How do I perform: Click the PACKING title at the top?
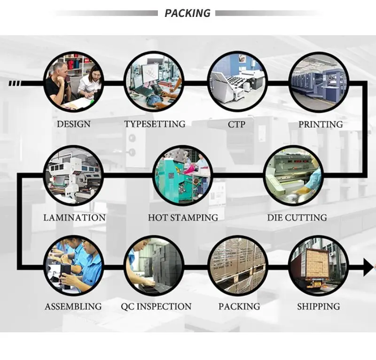pyautogui.click(x=188, y=13)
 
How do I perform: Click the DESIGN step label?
pyautogui.click(x=74, y=125)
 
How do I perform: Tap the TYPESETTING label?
pyautogui.click(x=155, y=125)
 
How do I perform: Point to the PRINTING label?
pyautogui.click(x=321, y=125)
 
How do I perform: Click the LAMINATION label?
pyautogui.click(x=74, y=218)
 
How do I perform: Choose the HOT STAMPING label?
pyautogui.click(x=183, y=218)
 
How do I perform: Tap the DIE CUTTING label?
pyautogui.click(x=297, y=218)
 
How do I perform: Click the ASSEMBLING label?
pyautogui.click(x=73, y=306)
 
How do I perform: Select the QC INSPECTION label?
pyautogui.click(x=156, y=306)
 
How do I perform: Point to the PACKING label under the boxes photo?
pyautogui.click(x=239, y=306)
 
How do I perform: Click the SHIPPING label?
pyautogui.click(x=318, y=306)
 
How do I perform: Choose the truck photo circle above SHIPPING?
pyautogui.click(x=319, y=266)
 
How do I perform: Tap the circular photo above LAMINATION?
pyautogui.click(x=73, y=175)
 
